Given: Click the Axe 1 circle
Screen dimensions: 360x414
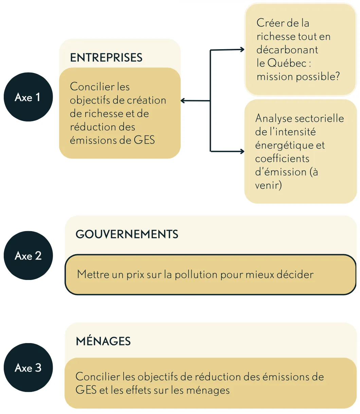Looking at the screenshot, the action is click(x=28, y=97).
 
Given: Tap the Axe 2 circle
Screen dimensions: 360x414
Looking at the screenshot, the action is click(x=28, y=256).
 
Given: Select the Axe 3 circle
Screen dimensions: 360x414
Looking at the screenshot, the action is click(x=28, y=368).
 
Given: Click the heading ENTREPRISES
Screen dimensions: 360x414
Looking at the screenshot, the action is click(x=106, y=57).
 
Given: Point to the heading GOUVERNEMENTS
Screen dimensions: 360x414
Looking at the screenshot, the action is click(x=127, y=234).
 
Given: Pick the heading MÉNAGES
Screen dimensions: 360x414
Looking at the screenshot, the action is click(x=103, y=341).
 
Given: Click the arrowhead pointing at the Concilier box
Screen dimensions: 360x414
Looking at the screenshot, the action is click(x=182, y=100).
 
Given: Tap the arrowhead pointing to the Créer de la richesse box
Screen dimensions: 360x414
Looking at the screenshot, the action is click(x=242, y=49).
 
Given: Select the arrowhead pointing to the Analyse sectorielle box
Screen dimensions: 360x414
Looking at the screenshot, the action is click(x=242, y=151).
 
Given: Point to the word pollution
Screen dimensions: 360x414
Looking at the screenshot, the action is click(x=196, y=275).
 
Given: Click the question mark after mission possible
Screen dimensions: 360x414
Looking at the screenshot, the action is click(x=337, y=76).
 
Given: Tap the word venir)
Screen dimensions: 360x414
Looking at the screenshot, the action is click(x=268, y=185).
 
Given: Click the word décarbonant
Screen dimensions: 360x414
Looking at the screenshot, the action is click(x=287, y=50).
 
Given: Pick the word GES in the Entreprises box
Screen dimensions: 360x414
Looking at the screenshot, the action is click(x=144, y=140).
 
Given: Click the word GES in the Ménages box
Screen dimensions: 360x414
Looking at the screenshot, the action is click(x=86, y=390).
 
